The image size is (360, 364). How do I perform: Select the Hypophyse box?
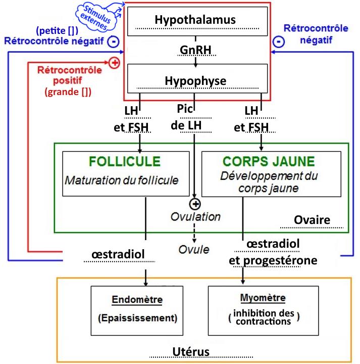pos(195,80)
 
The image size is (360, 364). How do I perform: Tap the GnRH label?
pos(195,51)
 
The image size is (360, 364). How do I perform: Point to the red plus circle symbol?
pos(114,63)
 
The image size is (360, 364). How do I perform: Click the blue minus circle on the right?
pos(278,41)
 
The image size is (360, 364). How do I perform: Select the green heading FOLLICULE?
pos(124,162)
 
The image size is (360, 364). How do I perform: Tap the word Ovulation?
pos(195,216)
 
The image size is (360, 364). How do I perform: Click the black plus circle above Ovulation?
pos(195,204)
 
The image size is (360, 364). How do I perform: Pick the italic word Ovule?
pos(194,249)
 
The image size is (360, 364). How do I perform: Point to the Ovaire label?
pos(312,220)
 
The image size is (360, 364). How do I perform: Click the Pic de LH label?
pos(187,117)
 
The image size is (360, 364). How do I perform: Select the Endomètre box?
pos(137,309)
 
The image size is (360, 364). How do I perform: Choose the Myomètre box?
pos(263,309)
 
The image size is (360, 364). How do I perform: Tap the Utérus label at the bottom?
pos(189,351)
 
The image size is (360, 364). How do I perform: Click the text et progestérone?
pos(273,260)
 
